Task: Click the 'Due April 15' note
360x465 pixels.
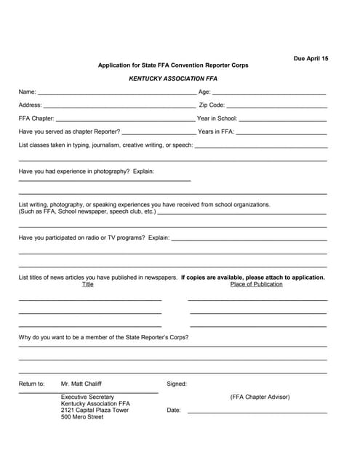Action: tap(311, 57)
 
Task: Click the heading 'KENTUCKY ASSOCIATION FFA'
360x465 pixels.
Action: tap(173, 78)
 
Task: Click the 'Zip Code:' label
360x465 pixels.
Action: tap(212, 105)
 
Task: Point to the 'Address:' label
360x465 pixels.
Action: tap(30, 105)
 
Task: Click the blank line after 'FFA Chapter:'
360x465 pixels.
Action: tap(125, 119)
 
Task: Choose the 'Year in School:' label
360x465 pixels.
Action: tap(217, 118)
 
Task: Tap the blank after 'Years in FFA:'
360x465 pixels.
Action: tap(281, 133)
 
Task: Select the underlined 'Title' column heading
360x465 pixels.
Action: tap(88, 284)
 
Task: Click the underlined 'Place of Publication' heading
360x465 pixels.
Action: tap(256, 284)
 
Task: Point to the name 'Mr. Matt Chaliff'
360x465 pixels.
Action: tap(81, 384)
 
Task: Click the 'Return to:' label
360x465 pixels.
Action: tap(31, 384)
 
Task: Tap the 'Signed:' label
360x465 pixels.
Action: tap(177, 384)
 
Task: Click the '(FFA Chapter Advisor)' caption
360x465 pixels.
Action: tap(260, 397)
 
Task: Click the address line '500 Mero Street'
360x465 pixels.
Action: tap(82, 417)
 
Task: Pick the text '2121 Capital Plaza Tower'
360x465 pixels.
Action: tap(95, 410)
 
